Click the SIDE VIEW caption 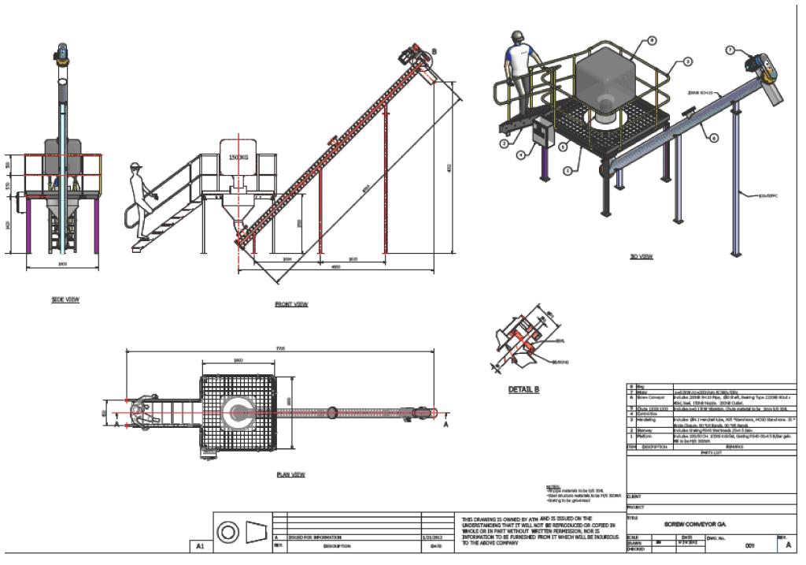[65, 299]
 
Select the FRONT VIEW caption [290, 303]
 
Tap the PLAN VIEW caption [290, 474]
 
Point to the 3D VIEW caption [642, 257]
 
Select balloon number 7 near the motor [730, 51]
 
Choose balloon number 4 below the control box [521, 154]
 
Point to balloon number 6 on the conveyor [714, 137]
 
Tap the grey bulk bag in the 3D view [607, 78]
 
